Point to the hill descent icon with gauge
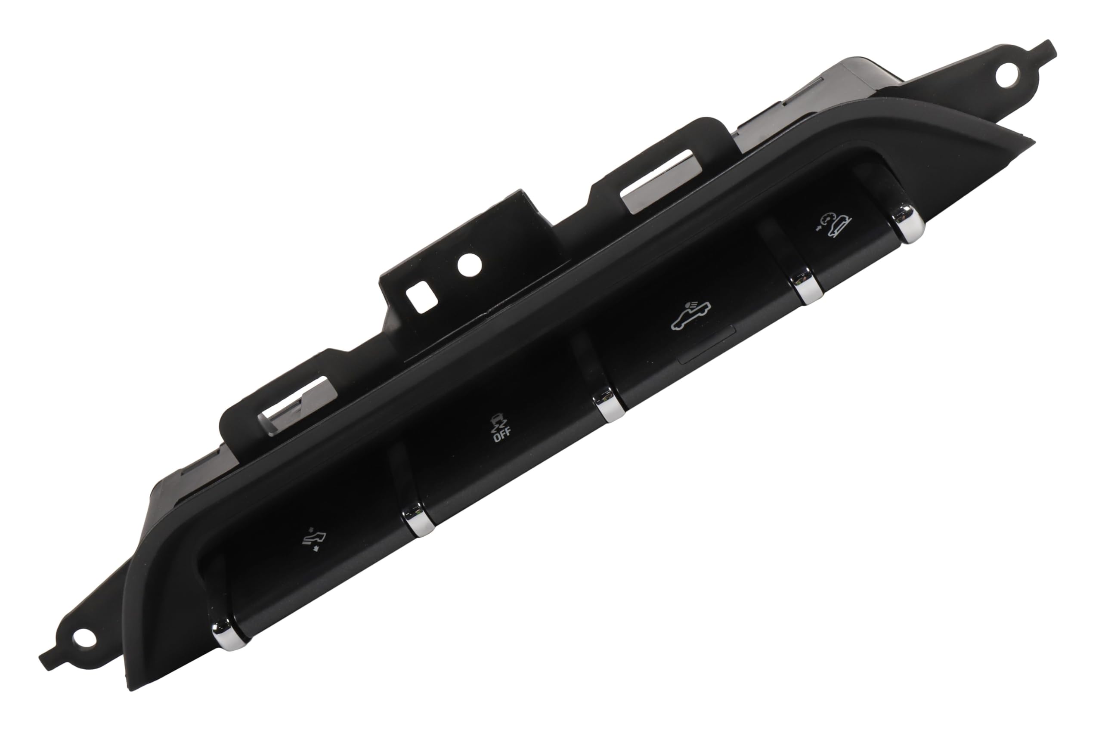835,225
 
